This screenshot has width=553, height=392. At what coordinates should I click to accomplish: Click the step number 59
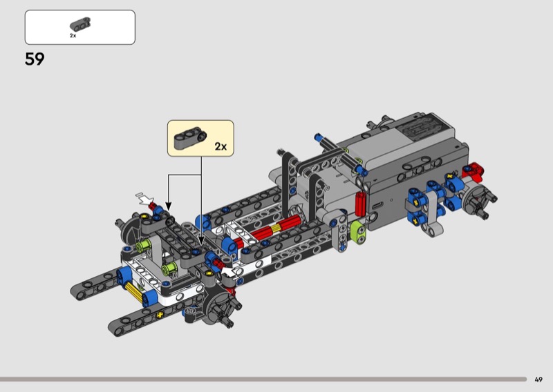point(35,59)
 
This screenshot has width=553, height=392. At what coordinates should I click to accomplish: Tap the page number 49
point(538,380)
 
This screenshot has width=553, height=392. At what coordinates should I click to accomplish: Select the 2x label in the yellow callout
point(221,146)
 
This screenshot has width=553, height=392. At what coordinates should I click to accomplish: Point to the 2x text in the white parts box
point(73,36)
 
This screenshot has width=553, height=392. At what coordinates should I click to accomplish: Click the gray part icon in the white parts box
point(80,24)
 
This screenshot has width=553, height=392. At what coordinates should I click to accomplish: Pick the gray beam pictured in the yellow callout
point(190,138)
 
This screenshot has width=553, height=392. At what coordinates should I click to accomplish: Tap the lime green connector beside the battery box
point(359,233)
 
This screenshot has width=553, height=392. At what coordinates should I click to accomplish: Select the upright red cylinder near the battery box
point(360,204)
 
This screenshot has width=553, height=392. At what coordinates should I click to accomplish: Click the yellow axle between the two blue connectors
point(133,291)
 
